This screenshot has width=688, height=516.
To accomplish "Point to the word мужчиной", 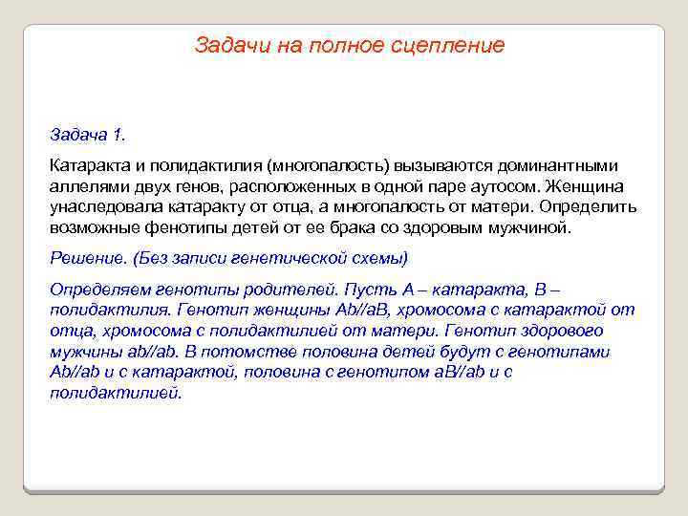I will click(x=528, y=228).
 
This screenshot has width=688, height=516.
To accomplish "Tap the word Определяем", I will click(x=99, y=289).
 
